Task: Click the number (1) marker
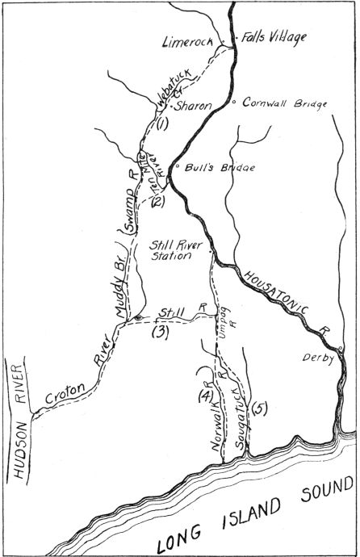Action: pos(161,124)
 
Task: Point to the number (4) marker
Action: pos(205,396)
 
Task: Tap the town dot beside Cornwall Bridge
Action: pos(233,103)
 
